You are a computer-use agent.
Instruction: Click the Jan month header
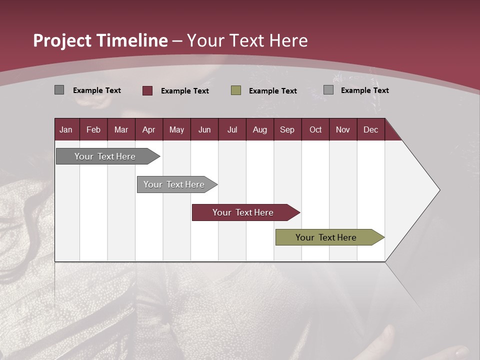66,129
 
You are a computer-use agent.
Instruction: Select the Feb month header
93,129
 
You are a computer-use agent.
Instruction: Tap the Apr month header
149,129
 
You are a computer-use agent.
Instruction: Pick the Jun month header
204,129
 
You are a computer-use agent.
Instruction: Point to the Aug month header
260,129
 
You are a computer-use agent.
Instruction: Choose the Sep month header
287,129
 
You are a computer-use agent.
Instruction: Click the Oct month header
315,129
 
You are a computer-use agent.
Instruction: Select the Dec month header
371,129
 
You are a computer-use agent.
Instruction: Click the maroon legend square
147,90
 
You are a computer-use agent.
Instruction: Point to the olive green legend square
236,90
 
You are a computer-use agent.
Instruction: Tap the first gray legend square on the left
59,90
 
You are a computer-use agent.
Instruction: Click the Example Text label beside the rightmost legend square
364,90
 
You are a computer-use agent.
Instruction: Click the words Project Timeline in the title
100,40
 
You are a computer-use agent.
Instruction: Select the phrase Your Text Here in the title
247,40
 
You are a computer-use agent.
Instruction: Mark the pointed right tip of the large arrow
439,190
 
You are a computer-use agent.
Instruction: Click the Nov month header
343,129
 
